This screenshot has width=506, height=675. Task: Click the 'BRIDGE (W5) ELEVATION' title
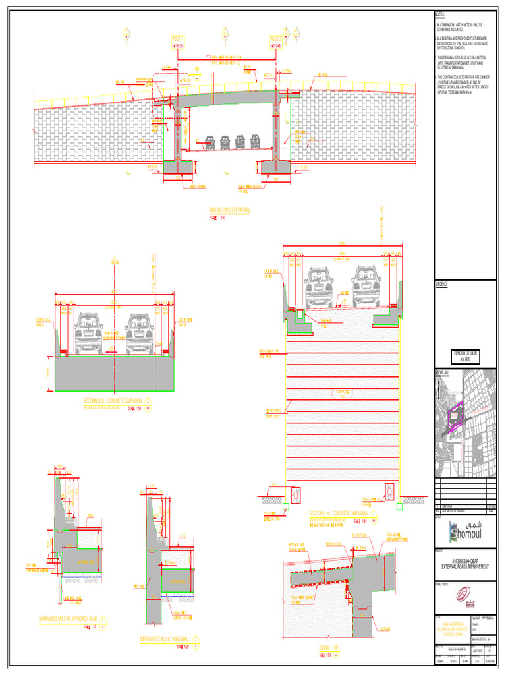pos(229,210)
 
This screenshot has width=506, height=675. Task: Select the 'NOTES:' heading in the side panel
pos(439,15)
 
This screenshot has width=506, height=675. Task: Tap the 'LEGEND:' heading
pos(441,283)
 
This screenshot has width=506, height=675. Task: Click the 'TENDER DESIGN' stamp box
pos(464,357)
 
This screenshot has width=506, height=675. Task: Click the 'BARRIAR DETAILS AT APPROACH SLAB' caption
pos(72,619)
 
